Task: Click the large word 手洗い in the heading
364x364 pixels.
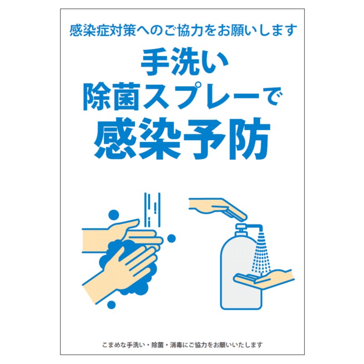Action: [184, 61]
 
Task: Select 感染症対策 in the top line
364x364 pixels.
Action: [102, 30]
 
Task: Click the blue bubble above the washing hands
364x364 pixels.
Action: [113, 215]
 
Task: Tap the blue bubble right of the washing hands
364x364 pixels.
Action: [172, 238]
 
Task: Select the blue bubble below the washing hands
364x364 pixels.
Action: [111, 304]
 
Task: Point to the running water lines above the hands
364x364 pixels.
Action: [152, 210]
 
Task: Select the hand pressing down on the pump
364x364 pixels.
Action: [217, 208]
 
